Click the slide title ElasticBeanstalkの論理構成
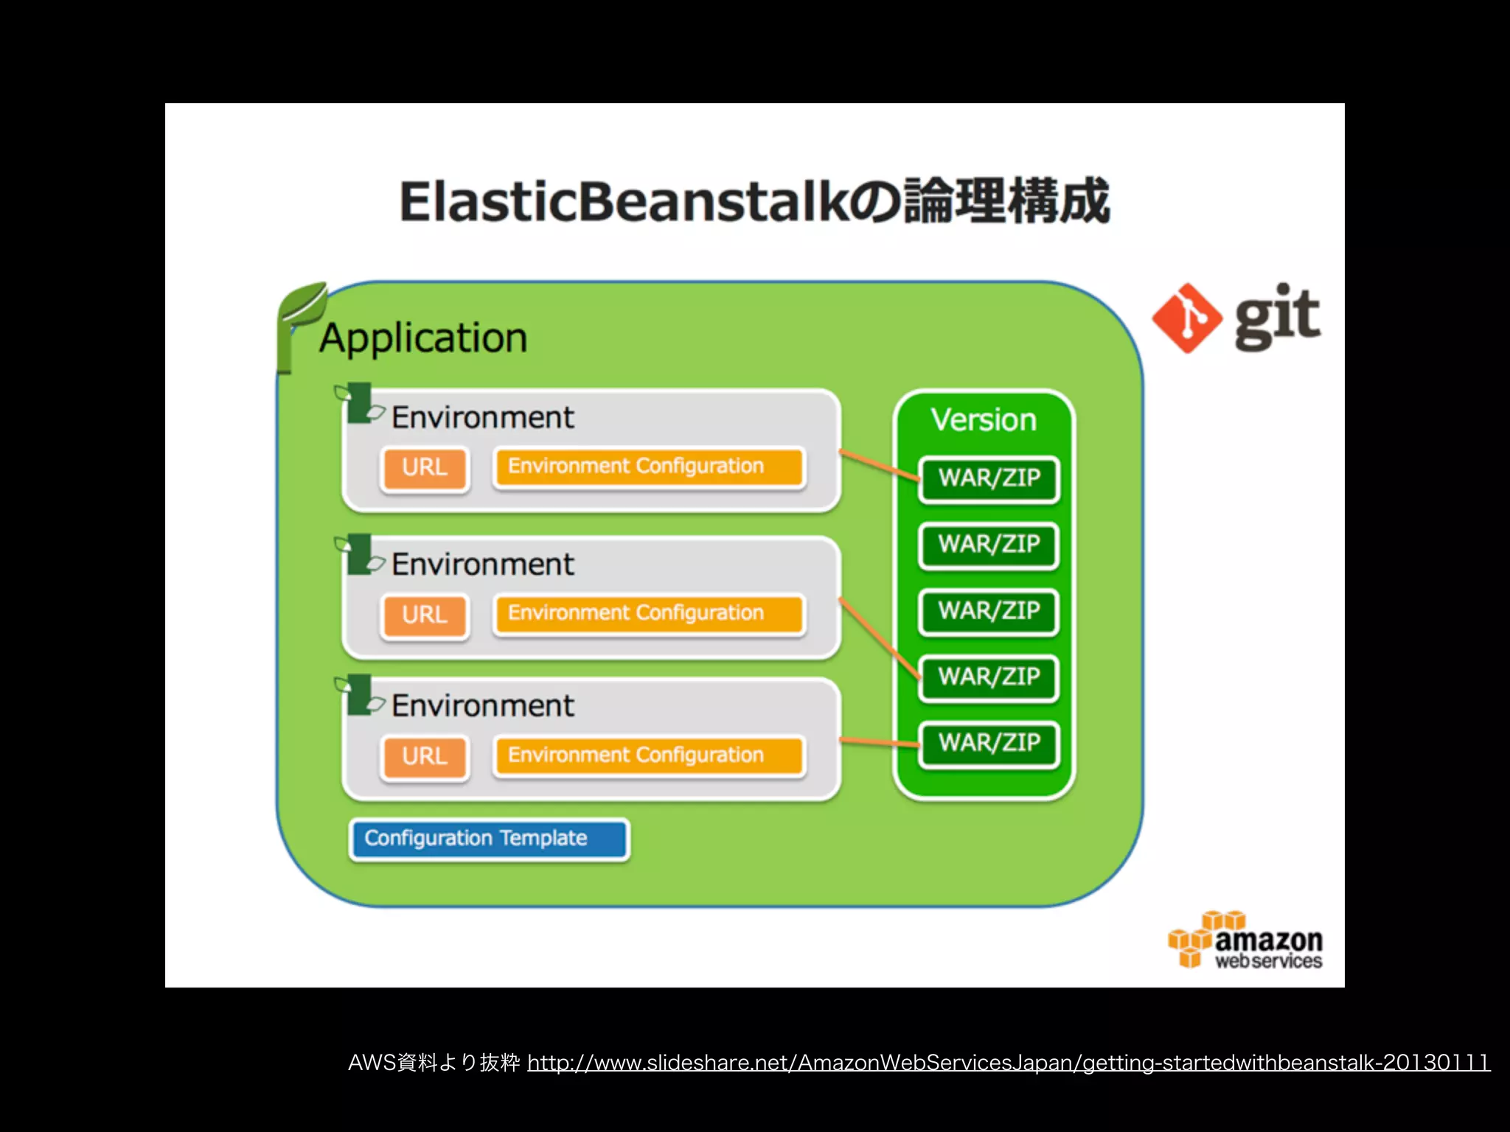point(754,201)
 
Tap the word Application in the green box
point(423,338)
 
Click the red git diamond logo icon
point(1186,318)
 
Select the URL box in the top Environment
point(425,467)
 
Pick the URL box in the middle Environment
point(425,615)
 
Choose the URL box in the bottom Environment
point(425,756)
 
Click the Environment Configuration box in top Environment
point(649,467)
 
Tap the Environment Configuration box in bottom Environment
point(649,755)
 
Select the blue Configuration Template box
point(489,839)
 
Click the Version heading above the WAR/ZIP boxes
point(984,420)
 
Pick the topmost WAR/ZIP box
point(989,478)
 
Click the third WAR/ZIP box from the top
point(989,611)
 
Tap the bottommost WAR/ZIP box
point(989,743)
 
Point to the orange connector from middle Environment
point(880,638)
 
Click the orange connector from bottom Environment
point(880,741)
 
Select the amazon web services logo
point(1246,941)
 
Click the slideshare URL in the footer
point(1008,1063)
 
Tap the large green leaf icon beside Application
point(299,324)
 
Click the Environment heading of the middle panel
point(482,565)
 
